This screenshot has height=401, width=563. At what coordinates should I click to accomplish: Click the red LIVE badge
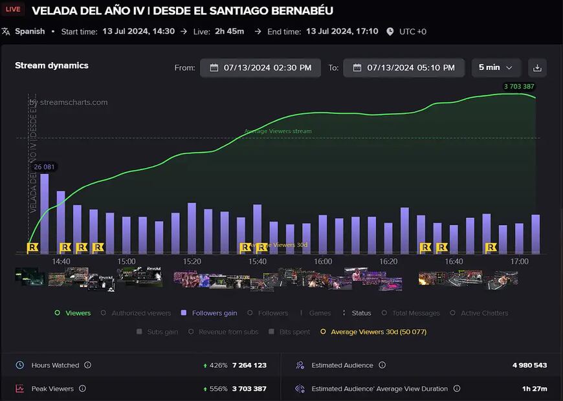click(x=12, y=10)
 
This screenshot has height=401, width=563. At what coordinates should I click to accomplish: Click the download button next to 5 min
click(x=537, y=67)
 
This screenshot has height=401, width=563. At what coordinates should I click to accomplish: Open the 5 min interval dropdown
click(x=496, y=67)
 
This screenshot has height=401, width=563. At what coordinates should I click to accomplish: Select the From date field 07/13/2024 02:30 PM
click(x=260, y=67)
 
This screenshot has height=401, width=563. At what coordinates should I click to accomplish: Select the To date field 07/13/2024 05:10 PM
click(x=403, y=67)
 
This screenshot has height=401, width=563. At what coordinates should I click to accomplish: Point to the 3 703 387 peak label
click(x=519, y=87)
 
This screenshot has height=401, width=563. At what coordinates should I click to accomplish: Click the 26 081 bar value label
click(x=45, y=167)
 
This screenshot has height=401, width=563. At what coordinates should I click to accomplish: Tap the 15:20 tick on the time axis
click(x=192, y=261)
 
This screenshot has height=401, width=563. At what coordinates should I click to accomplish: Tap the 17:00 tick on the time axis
click(x=519, y=261)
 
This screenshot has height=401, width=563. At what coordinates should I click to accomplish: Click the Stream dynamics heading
click(x=52, y=65)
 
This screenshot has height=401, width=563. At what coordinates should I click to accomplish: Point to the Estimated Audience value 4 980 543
click(x=529, y=365)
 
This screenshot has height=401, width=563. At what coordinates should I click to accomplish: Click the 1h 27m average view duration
click(x=534, y=389)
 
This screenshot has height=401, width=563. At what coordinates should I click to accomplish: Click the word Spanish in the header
click(x=30, y=31)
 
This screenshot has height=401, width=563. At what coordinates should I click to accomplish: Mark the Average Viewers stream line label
click(x=278, y=131)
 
